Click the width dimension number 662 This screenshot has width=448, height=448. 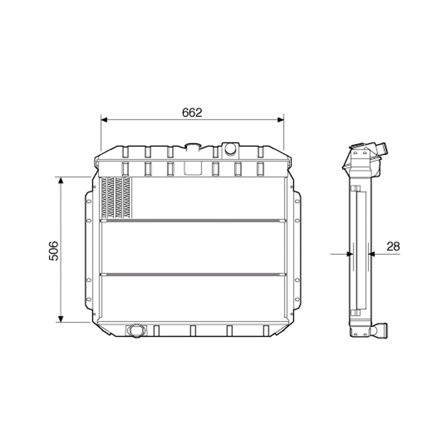tap(192, 112)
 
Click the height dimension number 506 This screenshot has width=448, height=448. tap(54, 250)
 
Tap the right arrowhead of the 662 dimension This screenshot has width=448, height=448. tap(280, 120)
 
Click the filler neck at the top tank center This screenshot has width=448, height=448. tap(193, 146)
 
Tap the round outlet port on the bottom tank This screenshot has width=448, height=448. tap(135, 330)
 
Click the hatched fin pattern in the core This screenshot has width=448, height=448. tap(116, 198)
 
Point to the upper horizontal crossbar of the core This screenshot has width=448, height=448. tap(193, 220)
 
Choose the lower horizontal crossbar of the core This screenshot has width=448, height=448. tap(193, 274)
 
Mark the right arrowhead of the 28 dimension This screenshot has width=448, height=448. tap(371, 254)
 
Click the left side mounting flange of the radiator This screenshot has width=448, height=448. tap(88, 251)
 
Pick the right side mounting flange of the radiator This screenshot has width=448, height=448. tap(297, 251)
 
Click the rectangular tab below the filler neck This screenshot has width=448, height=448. tap(193, 168)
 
